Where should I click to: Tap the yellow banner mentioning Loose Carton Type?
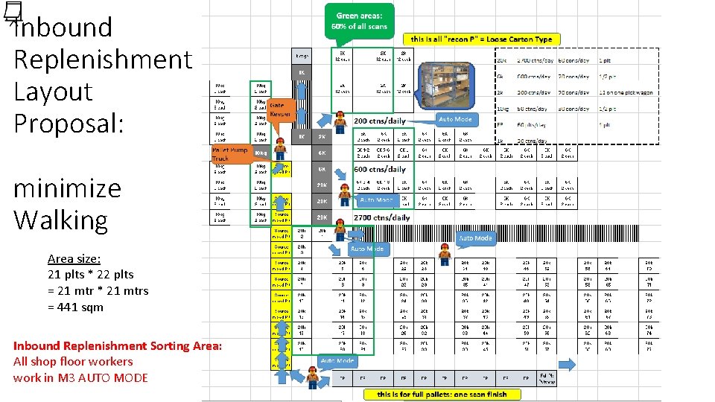click(x=481, y=39)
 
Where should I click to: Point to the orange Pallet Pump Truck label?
click(x=229, y=154)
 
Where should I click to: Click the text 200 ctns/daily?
click(x=380, y=120)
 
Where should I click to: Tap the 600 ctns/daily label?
click(x=380, y=169)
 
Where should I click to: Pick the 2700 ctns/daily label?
click(x=381, y=217)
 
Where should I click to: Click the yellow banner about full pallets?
click(x=442, y=394)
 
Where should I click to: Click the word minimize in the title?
click(x=67, y=188)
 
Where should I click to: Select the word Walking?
click(x=61, y=220)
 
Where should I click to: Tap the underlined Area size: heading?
click(x=74, y=258)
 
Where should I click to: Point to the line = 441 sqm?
click(x=75, y=307)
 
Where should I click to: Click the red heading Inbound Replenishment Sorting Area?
click(x=117, y=345)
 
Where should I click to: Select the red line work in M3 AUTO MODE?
click(x=80, y=377)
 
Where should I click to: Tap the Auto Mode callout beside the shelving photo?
click(x=455, y=119)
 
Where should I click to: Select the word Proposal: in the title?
click(x=69, y=124)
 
